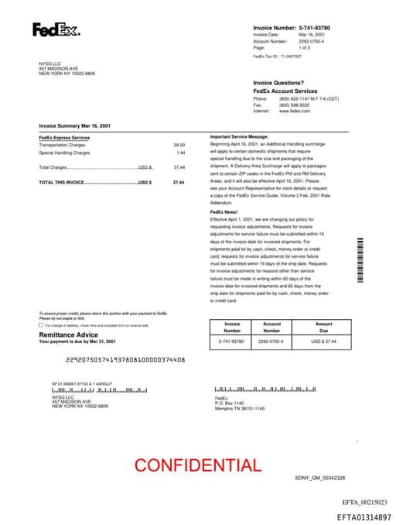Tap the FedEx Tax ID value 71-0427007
pos(291,57)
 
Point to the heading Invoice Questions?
pos(278,83)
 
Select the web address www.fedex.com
pos(295,111)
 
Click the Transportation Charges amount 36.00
pos(179,145)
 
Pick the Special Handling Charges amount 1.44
pos(181,153)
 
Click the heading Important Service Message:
pos(239,137)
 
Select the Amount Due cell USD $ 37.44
pos(323,341)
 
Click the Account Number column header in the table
pos(271,327)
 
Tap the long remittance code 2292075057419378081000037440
pos(125,359)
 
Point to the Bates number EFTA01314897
pos(364,516)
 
